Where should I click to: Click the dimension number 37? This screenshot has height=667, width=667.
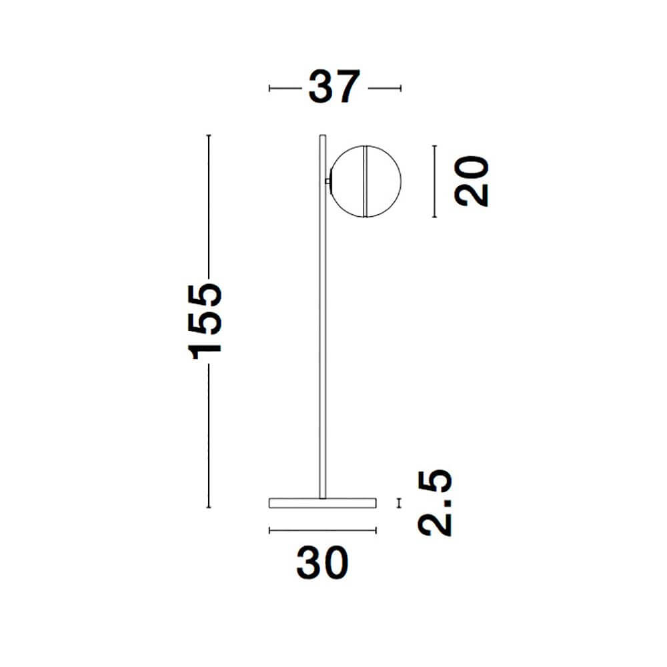[334, 87]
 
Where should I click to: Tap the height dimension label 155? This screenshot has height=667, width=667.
[205, 321]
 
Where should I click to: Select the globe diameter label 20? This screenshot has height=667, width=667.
[472, 181]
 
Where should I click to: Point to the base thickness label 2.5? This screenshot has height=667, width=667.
[435, 503]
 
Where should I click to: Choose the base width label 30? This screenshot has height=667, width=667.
[322, 563]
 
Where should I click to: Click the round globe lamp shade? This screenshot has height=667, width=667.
[366, 181]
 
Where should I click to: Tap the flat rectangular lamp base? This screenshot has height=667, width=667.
[322, 503]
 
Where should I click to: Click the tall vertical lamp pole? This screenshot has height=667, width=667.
[322, 316]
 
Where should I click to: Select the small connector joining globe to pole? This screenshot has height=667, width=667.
[327, 181]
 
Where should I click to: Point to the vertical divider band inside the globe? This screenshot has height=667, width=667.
[365, 181]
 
